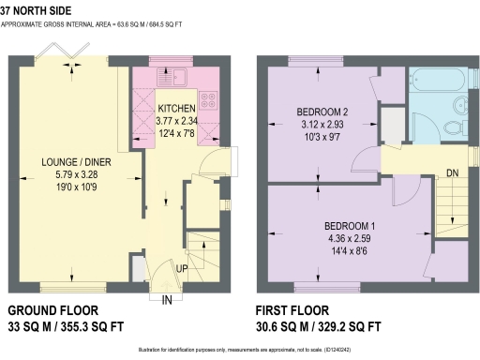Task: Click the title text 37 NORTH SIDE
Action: pyautogui.click(x=37, y=11)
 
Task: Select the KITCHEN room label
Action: pyautogui.click(x=176, y=108)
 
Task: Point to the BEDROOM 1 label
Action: pyautogui.click(x=350, y=226)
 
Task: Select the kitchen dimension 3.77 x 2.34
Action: pyautogui.click(x=176, y=119)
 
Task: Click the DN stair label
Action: pyautogui.click(x=453, y=172)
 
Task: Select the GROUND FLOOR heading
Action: pyautogui.click(x=53, y=310)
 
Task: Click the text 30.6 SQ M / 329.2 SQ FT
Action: pyautogui.click(x=319, y=327)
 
